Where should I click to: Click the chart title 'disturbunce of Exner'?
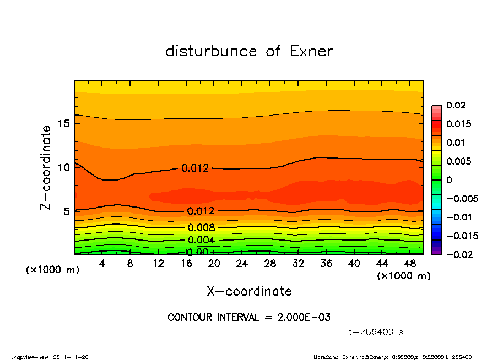[x=249, y=51]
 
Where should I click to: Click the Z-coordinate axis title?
[x=46, y=167]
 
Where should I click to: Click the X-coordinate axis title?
[x=249, y=291]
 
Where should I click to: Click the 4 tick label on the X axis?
[x=102, y=264]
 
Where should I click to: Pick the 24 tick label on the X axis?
[x=242, y=264]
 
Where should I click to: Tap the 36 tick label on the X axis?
[x=326, y=264]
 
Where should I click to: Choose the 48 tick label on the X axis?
[x=410, y=264]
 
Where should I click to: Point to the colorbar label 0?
[x=448, y=180]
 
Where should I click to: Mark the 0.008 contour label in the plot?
[x=201, y=228]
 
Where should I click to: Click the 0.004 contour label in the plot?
[x=201, y=240]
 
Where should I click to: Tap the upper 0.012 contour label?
[x=195, y=168]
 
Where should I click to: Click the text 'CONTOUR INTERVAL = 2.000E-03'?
[x=249, y=318]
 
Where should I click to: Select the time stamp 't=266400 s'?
[x=377, y=332]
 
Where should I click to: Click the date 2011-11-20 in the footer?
[x=71, y=357]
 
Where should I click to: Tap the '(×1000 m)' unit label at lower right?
[x=404, y=276]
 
